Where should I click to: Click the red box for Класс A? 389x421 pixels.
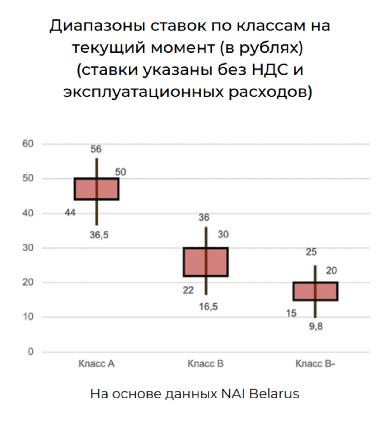(97, 189)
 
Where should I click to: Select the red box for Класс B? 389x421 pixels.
(206, 262)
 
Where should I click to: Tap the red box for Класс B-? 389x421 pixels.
(315, 291)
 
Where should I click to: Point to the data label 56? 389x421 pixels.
(96, 149)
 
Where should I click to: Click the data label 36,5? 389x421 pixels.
(99, 235)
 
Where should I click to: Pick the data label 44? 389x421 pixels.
(70, 213)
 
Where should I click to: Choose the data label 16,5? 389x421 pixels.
(208, 307)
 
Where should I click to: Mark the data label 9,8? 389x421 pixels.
(316, 327)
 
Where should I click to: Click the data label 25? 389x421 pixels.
(311, 252)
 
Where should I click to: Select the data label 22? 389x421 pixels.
(188, 290)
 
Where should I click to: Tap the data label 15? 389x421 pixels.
(291, 313)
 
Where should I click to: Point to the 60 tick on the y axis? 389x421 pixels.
(28, 144)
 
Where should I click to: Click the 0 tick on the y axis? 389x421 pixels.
(31, 352)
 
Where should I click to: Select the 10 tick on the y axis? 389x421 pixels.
(28, 317)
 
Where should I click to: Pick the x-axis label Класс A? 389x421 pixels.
(97, 364)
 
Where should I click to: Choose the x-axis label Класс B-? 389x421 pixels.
(315, 364)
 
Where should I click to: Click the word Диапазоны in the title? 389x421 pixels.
(97, 26)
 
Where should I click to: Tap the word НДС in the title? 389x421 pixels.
(270, 70)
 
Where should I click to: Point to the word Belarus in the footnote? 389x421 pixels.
(274, 394)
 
